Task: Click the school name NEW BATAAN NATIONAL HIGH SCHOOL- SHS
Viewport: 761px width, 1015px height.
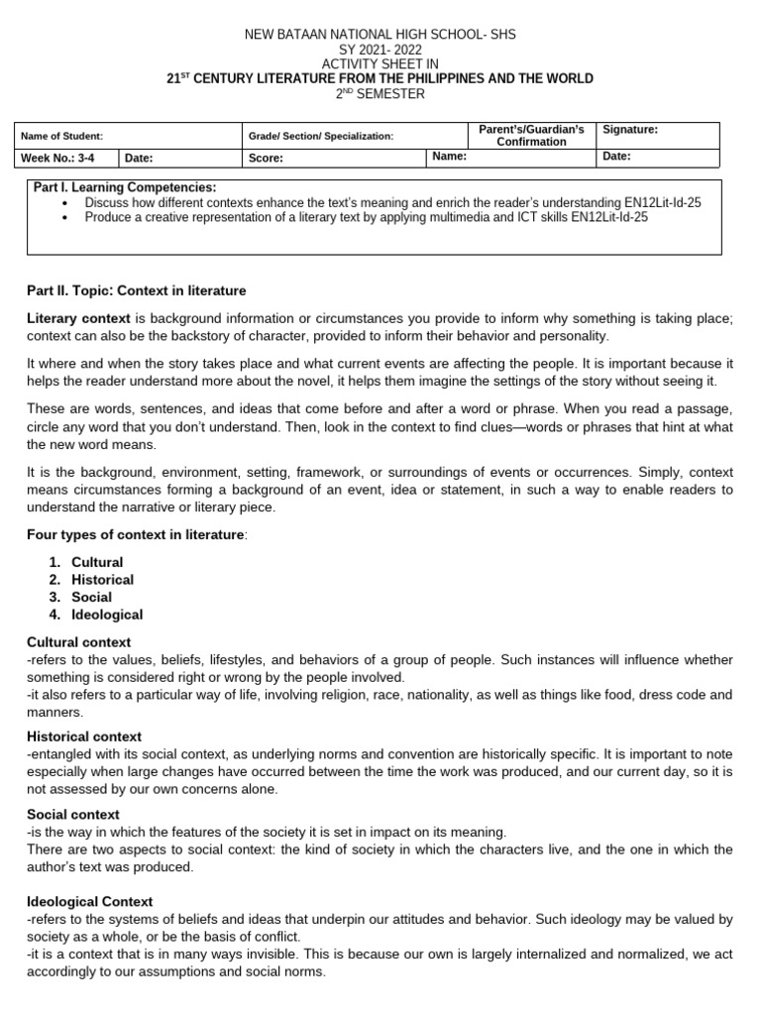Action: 380,35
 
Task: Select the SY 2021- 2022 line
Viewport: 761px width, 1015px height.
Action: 380,50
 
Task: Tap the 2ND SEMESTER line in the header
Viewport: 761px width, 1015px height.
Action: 380,94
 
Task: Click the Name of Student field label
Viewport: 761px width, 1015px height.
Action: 62,136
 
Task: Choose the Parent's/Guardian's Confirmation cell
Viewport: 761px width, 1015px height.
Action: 531,136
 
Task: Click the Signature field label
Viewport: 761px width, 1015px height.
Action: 630,129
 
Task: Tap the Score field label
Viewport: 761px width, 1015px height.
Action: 267,158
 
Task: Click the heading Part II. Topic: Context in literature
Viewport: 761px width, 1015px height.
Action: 137,290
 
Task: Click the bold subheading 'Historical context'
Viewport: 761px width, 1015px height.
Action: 84,736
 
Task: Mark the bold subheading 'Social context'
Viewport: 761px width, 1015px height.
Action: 75,815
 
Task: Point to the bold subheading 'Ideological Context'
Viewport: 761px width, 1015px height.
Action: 90,902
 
